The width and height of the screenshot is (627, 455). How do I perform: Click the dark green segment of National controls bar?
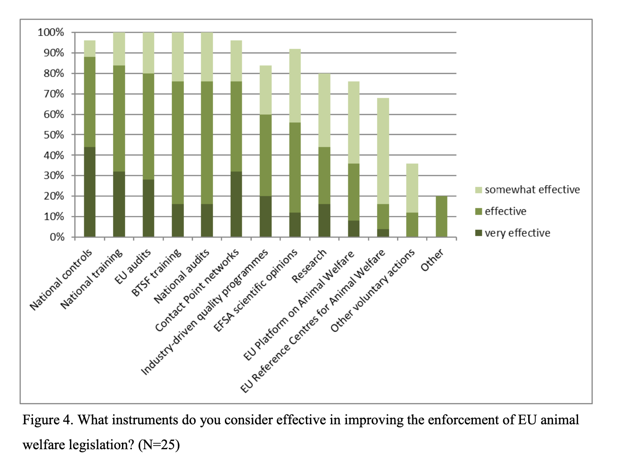click(x=90, y=192)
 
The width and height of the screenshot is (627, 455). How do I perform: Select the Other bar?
click(x=441, y=216)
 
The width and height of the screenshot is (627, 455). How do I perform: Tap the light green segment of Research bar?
click(x=324, y=110)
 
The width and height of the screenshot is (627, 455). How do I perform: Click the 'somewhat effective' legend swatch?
click(x=479, y=190)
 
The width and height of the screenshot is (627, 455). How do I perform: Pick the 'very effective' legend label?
click(x=517, y=233)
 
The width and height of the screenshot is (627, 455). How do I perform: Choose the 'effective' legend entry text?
click(x=505, y=211)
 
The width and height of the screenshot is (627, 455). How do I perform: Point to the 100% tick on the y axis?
click(x=51, y=32)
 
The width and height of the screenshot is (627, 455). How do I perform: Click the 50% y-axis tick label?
click(x=53, y=135)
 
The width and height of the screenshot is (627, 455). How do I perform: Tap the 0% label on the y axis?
click(x=57, y=237)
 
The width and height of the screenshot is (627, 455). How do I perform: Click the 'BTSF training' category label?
click(x=156, y=273)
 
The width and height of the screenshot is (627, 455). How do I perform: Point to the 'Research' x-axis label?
click(x=309, y=266)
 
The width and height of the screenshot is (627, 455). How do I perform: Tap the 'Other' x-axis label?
click(x=432, y=260)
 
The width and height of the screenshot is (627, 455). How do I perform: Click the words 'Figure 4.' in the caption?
click(x=48, y=420)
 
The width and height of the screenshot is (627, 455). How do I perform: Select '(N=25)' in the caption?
click(x=159, y=444)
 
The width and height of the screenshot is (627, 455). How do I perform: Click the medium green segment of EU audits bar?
click(x=148, y=126)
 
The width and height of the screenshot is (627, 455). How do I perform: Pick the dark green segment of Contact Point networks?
click(x=236, y=204)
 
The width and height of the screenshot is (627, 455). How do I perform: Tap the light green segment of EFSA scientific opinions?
click(x=295, y=85)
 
